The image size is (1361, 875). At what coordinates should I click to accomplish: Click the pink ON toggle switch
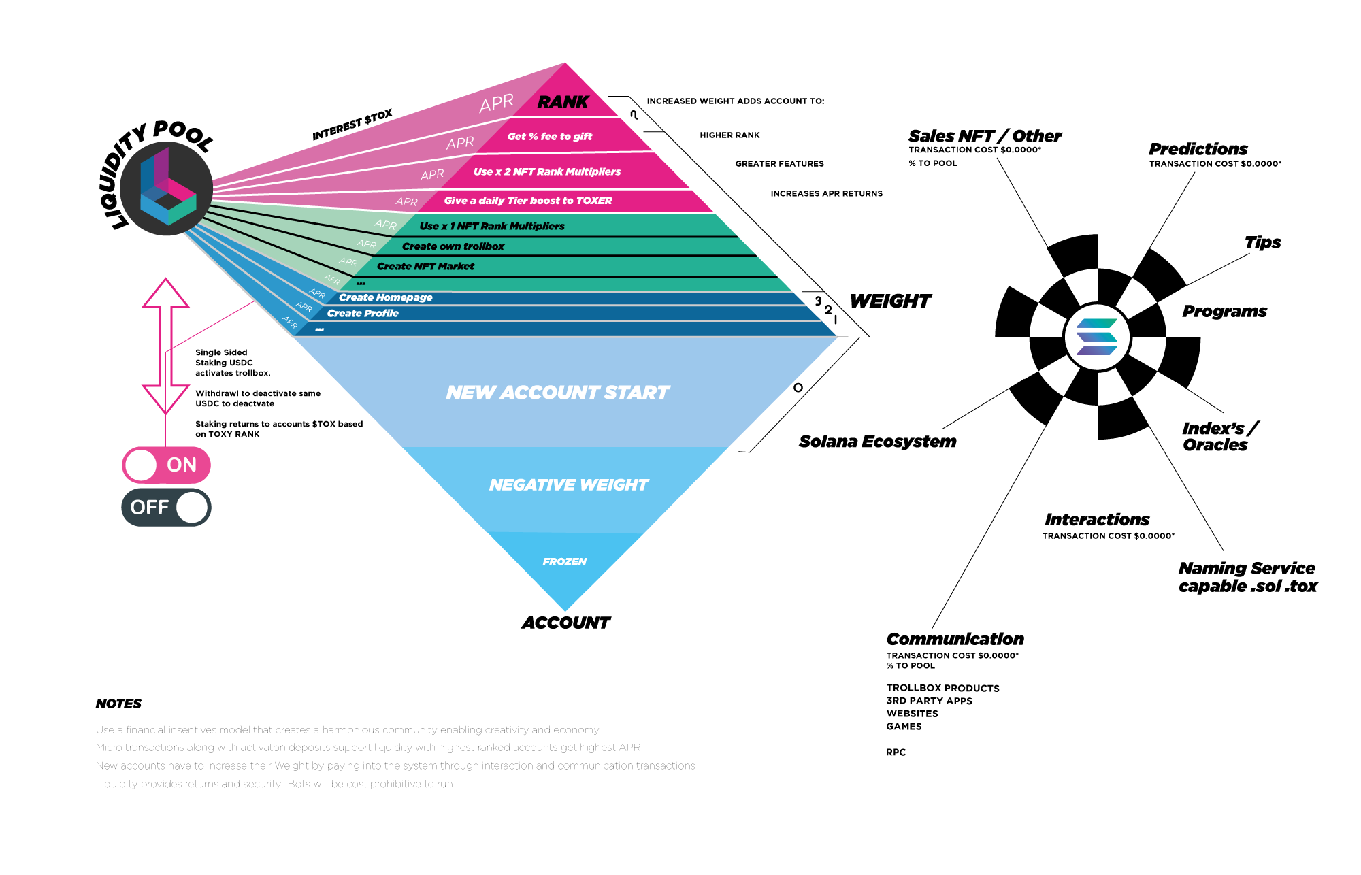166,465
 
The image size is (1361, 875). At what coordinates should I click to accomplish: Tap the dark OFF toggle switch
166,507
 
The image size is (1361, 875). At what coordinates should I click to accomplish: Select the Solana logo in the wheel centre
1097,337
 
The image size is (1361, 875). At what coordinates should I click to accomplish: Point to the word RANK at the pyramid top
563,102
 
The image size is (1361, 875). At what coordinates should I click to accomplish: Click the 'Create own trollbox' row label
453,246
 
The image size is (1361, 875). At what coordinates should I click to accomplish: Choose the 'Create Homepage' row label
386,297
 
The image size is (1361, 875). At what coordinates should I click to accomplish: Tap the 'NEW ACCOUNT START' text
558,393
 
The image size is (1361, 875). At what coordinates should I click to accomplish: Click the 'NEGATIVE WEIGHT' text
569,485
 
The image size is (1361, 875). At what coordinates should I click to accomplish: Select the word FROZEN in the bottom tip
565,561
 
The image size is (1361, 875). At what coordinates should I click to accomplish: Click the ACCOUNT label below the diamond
566,623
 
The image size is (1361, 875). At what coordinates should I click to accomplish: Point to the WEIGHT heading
890,301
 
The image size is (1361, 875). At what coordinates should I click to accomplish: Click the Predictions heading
1198,149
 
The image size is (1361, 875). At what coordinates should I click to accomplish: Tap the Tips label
1262,242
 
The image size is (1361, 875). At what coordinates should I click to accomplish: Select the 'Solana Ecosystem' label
877,442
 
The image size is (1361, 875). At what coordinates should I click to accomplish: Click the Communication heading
955,639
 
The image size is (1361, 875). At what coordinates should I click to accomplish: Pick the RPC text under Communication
896,752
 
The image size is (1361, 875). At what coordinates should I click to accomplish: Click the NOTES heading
118,704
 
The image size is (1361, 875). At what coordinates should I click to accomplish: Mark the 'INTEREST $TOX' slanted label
352,125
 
